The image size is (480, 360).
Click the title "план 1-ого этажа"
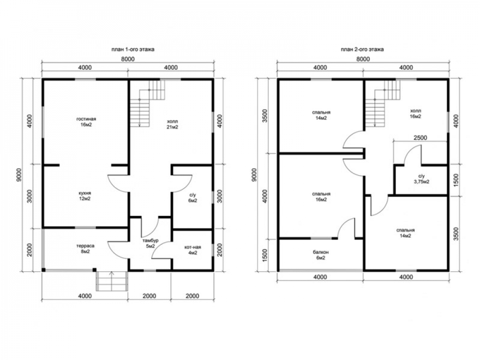pyautogui.click(x=132, y=49)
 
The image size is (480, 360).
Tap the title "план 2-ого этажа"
pyautogui.click(x=362, y=49)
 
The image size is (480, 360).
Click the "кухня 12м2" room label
pyautogui.click(x=84, y=196)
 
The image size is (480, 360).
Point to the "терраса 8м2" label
pyautogui.click(x=85, y=249)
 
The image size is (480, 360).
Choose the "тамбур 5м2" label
pyautogui.click(x=150, y=243)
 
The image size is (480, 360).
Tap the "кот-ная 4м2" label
pyautogui.click(x=192, y=250)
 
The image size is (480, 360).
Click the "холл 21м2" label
pyautogui.click(x=172, y=124)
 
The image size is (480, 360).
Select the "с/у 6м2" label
pyautogui.click(x=192, y=197)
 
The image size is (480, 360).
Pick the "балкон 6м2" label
pyautogui.click(x=321, y=255)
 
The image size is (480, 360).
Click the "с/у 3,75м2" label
pyautogui.click(x=421, y=179)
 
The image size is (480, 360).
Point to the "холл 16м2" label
pyautogui.click(x=415, y=114)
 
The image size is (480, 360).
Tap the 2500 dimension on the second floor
pyautogui.click(x=420, y=138)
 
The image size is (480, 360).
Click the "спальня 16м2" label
pyautogui.click(x=321, y=197)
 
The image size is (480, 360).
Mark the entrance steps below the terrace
pyautogui.click(x=112, y=281)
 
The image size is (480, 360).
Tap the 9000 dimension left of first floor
pyautogui.click(x=20, y=175)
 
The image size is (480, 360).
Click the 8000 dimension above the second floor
pyautogui.click(x=363, y=59)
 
